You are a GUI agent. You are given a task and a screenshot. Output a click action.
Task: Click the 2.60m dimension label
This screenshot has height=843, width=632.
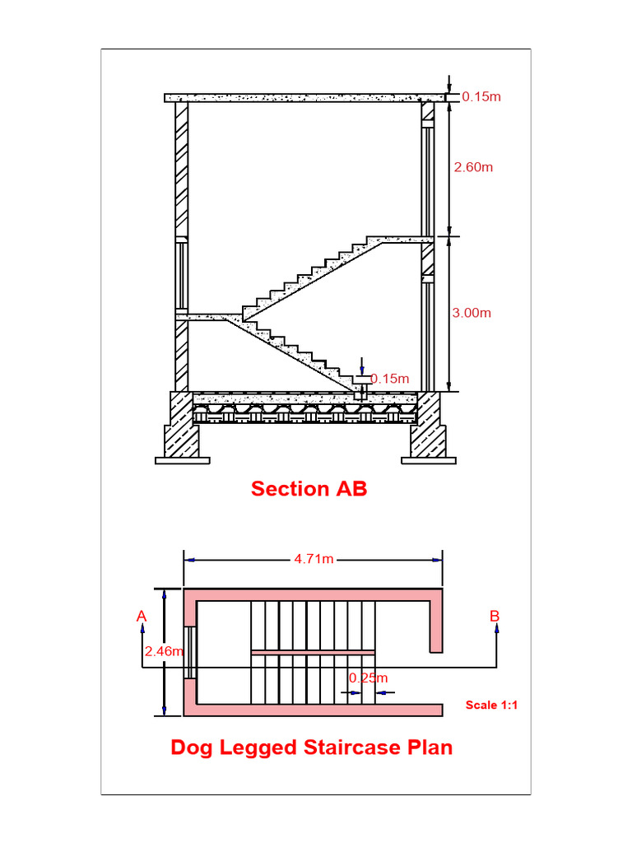473,167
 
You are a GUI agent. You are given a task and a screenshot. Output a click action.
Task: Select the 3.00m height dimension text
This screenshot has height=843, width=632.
473,313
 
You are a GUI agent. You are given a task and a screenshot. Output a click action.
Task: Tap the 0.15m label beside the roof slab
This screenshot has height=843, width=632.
481,96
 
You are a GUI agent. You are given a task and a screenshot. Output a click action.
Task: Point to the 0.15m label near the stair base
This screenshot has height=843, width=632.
389,379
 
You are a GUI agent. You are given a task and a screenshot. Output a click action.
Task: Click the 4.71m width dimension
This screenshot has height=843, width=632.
314,560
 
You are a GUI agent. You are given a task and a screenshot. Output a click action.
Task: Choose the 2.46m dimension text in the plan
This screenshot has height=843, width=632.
163,651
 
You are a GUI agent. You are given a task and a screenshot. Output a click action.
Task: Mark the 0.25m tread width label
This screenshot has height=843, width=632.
367,678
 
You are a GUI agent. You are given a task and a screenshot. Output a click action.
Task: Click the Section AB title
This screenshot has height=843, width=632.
309,488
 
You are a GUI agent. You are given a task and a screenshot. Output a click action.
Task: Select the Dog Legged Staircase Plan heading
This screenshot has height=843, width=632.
311,748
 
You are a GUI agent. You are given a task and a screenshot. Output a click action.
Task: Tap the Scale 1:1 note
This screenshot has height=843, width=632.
491,705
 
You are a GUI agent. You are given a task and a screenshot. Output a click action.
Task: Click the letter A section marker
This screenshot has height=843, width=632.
142,616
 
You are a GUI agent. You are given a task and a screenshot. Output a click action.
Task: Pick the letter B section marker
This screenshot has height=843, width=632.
495,616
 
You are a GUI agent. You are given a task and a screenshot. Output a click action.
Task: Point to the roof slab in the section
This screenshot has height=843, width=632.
304,97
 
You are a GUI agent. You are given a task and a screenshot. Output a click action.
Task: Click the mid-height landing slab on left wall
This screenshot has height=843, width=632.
206,316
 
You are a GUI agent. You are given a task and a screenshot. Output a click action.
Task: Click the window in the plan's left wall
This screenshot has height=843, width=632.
190,652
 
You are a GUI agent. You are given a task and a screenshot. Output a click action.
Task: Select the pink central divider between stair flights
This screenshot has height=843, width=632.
313,652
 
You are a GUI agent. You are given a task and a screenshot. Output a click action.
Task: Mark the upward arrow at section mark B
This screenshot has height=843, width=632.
496,629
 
